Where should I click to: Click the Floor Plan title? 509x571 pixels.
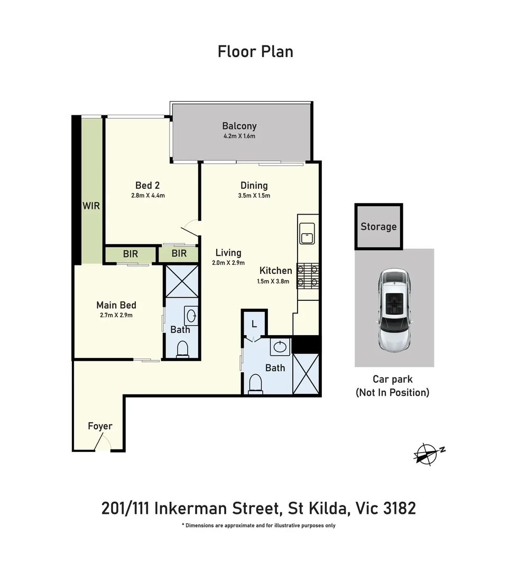(x=255, y=52)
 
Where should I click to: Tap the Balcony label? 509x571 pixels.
(x=239, y=126)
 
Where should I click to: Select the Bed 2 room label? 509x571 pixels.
(x=147, y=186)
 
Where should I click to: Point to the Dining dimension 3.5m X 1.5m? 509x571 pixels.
(x=254, y=196)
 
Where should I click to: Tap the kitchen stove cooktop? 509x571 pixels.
(x=309, y=275)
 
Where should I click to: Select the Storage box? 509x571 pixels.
(x=378, y=227)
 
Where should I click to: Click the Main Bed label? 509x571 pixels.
(x=116, y=305)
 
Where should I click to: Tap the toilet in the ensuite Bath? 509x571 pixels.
(x=182, y=348)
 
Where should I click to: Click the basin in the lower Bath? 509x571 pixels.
(x=280, y=347)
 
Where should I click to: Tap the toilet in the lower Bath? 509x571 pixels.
(x=255, y=383)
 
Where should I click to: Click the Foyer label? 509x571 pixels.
(x=100, y=426)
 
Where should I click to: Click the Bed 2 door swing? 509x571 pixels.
(x=190, y=227)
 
